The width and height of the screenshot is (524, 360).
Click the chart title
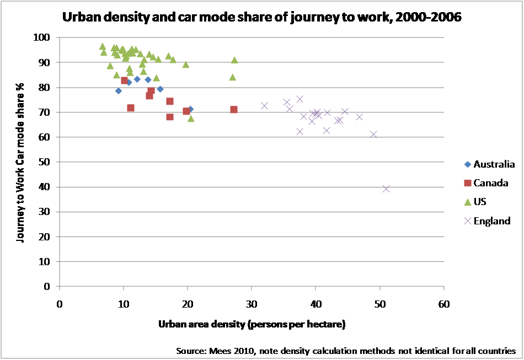coord(262,17)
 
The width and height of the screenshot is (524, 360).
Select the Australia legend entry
coord(494,164)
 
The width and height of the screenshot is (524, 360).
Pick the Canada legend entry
coord(490,182)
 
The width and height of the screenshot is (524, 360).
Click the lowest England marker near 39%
coord(386,189)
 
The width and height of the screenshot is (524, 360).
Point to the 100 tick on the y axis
coord(43,37)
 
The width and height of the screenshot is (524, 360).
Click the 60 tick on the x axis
coord(443,304)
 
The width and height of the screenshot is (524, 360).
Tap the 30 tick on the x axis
coord(252,304)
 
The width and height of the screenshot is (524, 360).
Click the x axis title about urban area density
coord(252,324)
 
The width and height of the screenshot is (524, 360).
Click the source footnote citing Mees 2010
coord(346,351)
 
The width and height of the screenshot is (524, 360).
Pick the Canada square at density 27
coord(234,110)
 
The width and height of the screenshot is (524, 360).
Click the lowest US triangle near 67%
coord(191,118)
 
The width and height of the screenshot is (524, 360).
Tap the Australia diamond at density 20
coord(190,109)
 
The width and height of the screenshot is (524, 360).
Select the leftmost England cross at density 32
coord(265,105)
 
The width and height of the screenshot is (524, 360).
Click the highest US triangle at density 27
coord(234,60)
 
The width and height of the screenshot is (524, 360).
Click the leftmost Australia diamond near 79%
coord(119,91)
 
